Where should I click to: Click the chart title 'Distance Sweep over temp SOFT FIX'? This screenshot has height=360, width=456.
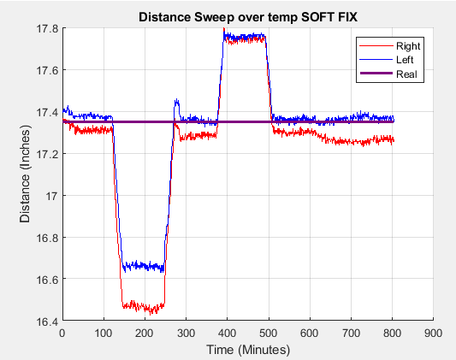(x=247, y=18)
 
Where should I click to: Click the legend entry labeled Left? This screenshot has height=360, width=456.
(x=406, y=61)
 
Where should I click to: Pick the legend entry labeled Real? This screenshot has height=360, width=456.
(x=407, y=75)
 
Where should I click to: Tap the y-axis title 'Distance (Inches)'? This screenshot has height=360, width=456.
(x=26, y=175)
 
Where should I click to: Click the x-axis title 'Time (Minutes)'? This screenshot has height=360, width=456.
(x=247, y=350)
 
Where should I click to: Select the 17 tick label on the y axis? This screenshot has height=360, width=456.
(x=51, y=196)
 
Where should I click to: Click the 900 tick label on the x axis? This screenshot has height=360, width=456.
(x=434, y=333)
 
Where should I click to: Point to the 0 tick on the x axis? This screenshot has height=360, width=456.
(x=62, y=333)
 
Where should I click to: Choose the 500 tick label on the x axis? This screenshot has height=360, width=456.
(x=269, y=333)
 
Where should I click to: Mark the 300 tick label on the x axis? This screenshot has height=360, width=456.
(x=186, y=333)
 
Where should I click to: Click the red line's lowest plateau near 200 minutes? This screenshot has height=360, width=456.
(x=144, y=305)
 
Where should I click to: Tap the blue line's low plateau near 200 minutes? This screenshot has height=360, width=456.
(x=144, y=267)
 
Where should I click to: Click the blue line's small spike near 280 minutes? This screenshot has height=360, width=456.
(x=177, y=102)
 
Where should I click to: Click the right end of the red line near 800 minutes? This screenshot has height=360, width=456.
(x=392, y=139)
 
